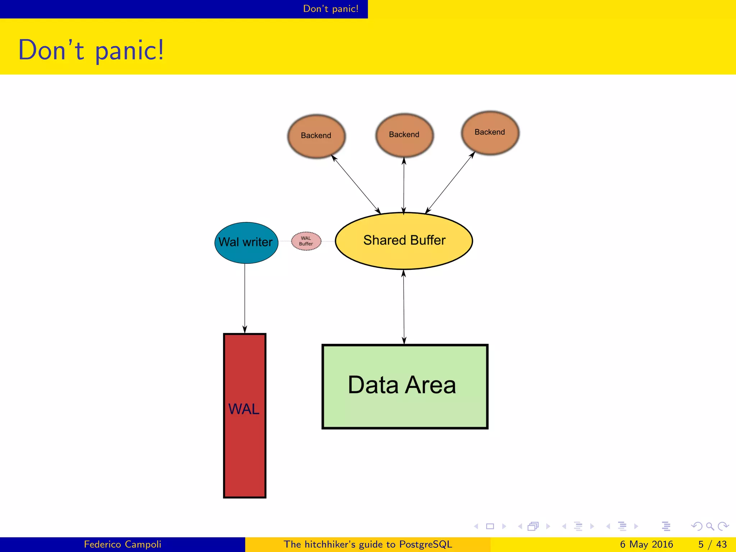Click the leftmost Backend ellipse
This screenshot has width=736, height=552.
[316, 136]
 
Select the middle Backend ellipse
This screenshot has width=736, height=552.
[404, 135]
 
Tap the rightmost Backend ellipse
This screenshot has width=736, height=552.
[490, 133]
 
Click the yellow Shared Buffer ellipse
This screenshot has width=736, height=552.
[404, 241]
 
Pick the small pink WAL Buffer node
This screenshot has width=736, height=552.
[306, 241]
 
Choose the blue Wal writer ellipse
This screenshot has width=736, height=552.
[246, 243]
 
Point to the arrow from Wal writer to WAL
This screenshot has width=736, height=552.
[245, 298]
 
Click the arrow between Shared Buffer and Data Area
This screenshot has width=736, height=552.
[404, 307]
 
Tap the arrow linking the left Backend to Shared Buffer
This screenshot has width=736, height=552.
[355, 184]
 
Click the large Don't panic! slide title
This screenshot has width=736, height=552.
[91, 50]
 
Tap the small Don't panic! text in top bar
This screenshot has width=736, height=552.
[331, 9]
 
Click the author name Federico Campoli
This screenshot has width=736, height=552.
[123, 544]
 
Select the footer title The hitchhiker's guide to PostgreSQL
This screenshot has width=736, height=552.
[368, 544]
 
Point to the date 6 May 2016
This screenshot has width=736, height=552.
[646, 544]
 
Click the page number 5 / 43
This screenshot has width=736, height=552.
[712, 544]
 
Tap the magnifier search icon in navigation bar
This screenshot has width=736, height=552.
[710, 526]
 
